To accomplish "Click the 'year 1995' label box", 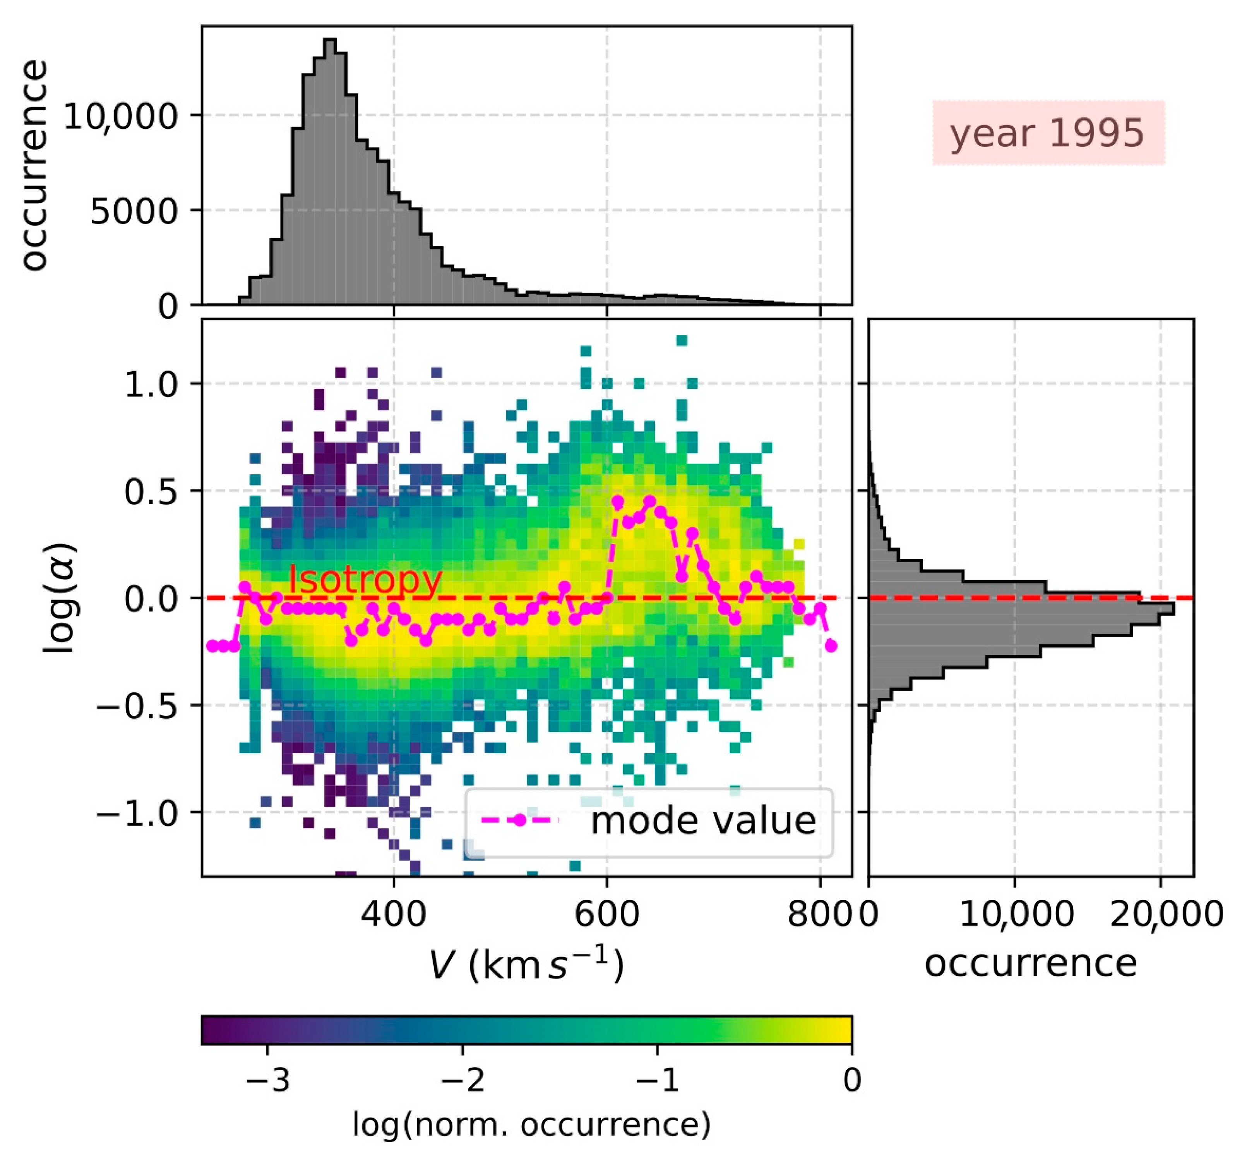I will click(1048, 133).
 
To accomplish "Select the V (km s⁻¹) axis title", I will click(527, 965).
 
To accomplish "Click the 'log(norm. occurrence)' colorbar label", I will click(532, 1124).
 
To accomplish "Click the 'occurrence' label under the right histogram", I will click(1031, 963).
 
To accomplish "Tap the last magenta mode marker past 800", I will click(831, 645).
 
